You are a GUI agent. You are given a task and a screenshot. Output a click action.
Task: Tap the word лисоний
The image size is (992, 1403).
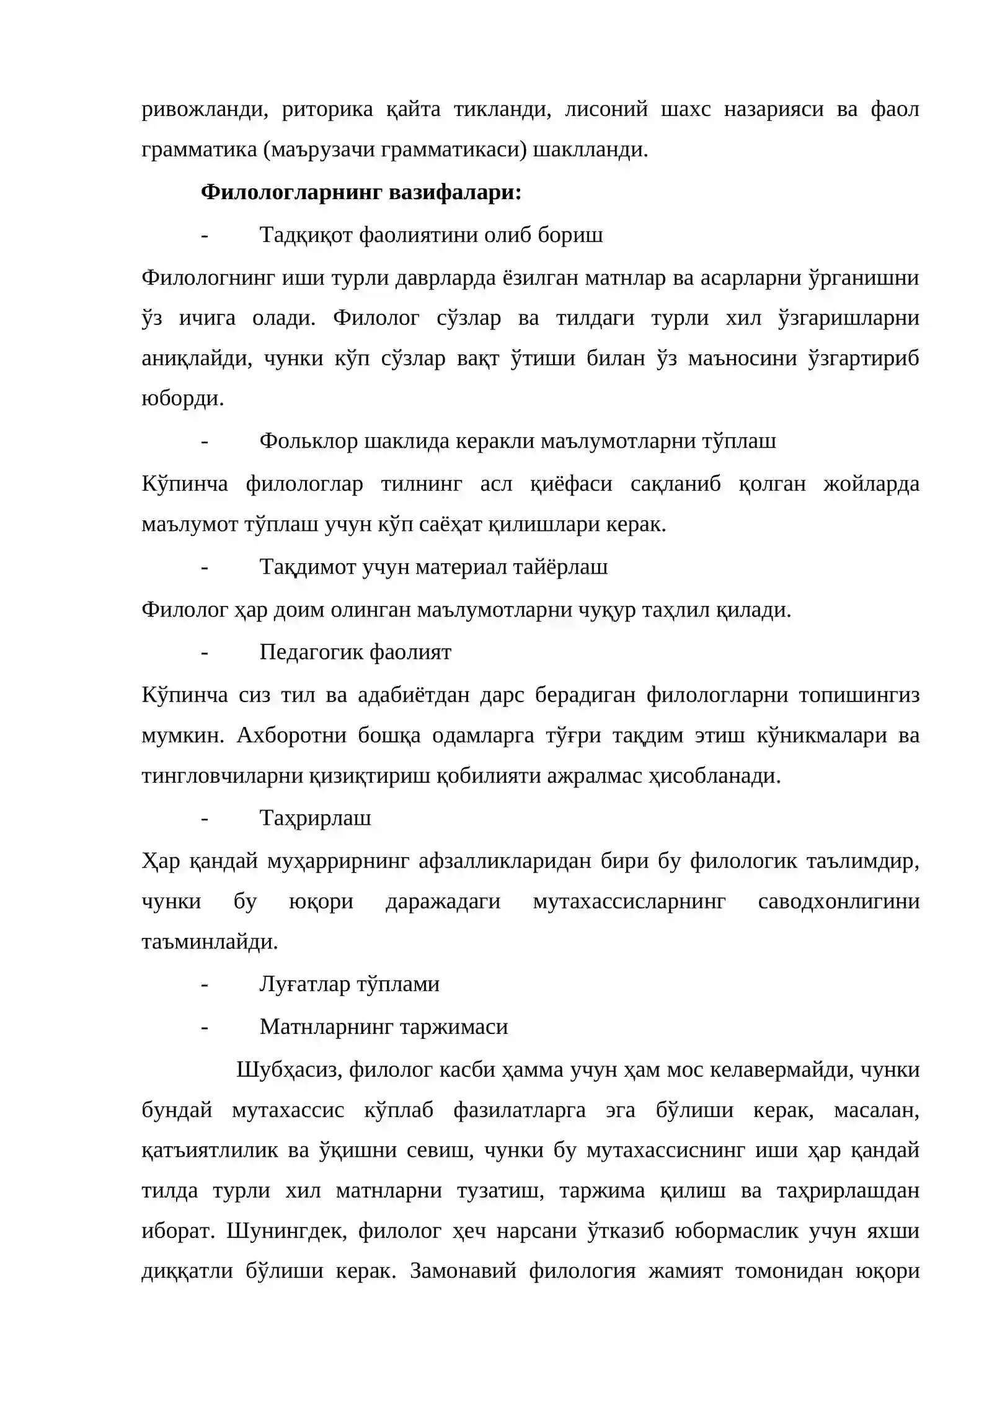[606, 109]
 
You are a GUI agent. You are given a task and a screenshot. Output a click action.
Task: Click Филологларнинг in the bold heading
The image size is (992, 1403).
[291, 192]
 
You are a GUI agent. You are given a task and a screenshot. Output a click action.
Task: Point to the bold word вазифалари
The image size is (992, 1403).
[454, 192]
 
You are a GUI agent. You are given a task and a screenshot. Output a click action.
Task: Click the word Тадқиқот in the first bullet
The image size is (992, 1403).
[306, 235]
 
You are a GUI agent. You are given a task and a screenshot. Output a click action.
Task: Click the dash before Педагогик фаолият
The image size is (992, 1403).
[204, 652]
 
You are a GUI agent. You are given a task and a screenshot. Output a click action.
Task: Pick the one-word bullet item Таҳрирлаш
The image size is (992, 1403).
[315, 818]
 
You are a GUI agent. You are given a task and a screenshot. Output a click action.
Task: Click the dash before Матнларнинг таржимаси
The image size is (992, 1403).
[204, 1027]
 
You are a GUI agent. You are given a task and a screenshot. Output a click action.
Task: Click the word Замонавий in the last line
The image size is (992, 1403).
[463, 1271]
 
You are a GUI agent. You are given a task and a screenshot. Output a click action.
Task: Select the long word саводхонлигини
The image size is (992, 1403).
[838, 901]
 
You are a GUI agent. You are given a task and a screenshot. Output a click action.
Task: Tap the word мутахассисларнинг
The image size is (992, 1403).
[629, 901]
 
